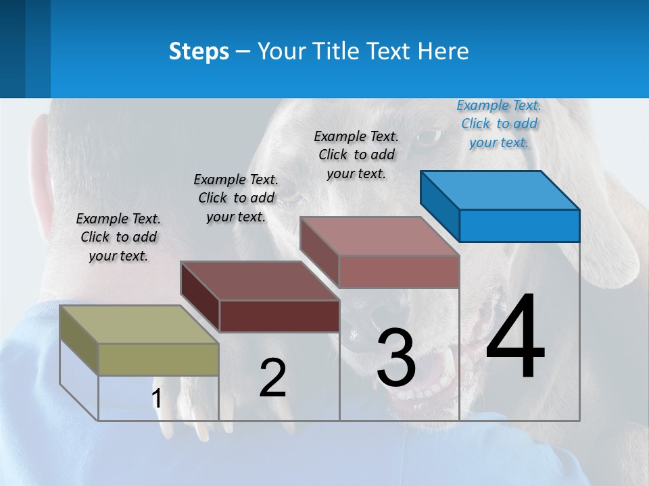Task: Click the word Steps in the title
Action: (199, 51)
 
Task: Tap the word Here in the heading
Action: (443, 51)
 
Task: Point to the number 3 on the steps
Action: (396, 358)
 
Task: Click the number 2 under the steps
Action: (272, 378)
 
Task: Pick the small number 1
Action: (157, 399)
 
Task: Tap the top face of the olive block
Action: (139, 325)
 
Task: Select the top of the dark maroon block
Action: (260, 280)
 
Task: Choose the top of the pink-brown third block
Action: (380, 236)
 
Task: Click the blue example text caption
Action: (499, 124)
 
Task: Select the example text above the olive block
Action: (118, 238)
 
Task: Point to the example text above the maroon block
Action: (236, 198)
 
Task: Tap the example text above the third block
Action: (356, 155)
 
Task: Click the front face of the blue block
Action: (519, 225)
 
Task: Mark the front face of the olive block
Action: (158, 359)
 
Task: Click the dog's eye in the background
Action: (427, 138)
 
